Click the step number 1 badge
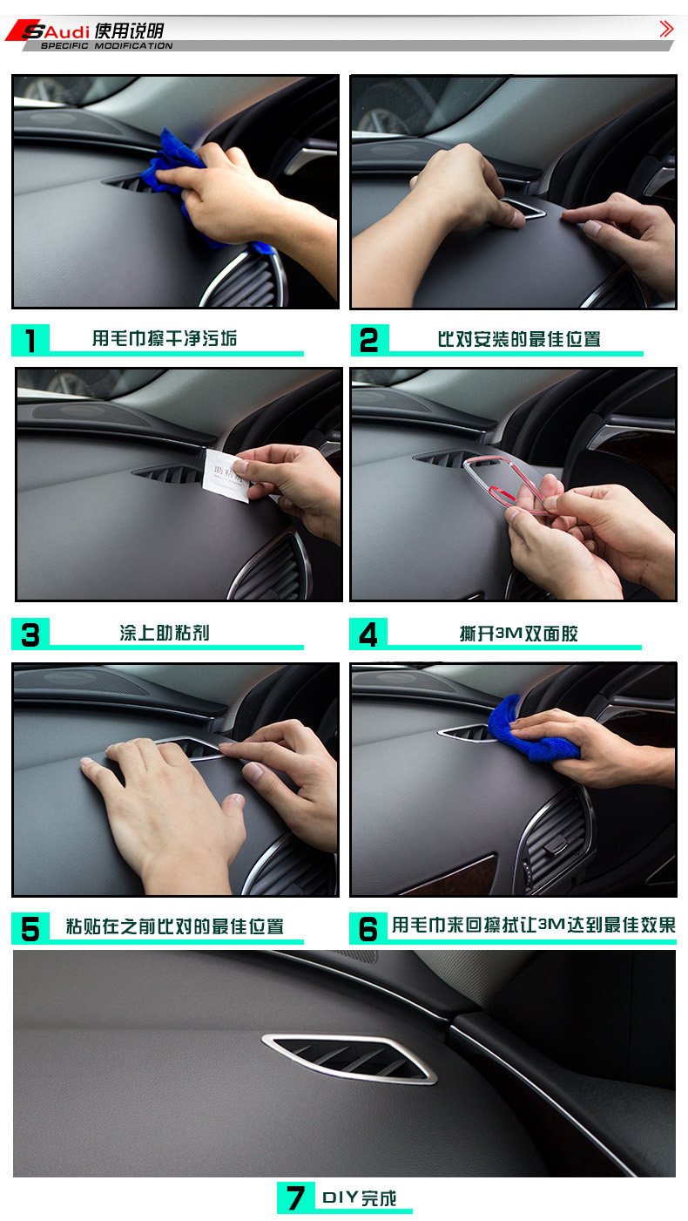[30, 340]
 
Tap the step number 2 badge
[370, 340]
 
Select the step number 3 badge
[30, 634]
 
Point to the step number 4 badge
[368, 634]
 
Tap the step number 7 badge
[296, 1197]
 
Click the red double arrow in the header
[666, 29]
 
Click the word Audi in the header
[66, 31]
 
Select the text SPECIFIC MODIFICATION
[107, 46]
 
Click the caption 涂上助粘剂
[165, 633]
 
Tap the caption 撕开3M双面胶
[518, 634]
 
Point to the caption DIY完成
[359, 1197]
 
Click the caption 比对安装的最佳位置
[519, 339]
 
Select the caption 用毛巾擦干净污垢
[165, 338]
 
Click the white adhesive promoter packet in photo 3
[226, 475]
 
